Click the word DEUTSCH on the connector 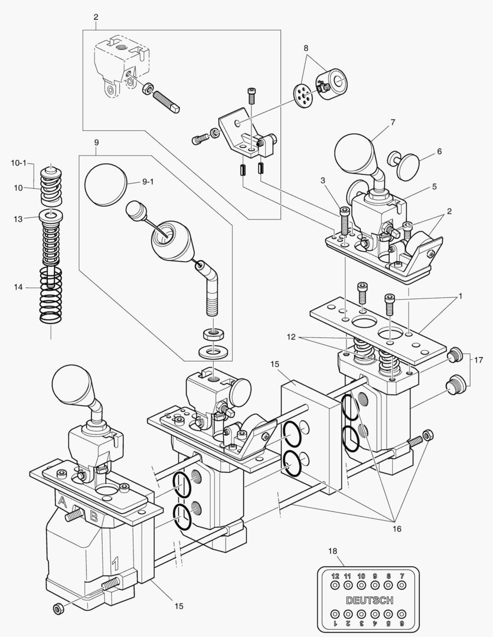tap(370, 600)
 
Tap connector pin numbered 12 tap(335, 586)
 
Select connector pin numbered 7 tap(401, 586)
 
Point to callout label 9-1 tap(148, 183)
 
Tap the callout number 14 tap(19, 287)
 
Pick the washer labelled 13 tap(51, 216)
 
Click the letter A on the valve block tap(62, 502)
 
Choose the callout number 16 tap(396, 529)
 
